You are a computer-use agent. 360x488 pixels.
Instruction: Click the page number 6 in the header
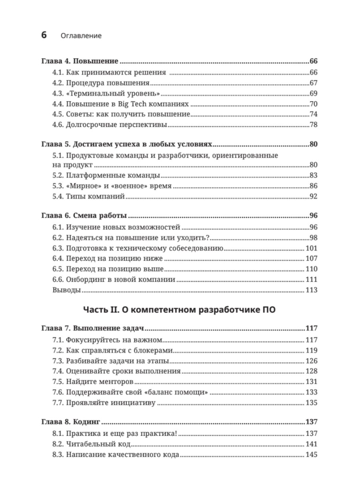tap(44, 35)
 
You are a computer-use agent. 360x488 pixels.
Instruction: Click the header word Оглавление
tap(81, 36)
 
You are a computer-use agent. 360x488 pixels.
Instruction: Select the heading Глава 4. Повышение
tap(80, 61)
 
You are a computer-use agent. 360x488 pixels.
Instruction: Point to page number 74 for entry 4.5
tap(313, 114)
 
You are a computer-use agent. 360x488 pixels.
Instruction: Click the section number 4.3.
tap(58, 93)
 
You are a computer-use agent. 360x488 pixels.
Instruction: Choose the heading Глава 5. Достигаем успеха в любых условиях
tap(126, 144)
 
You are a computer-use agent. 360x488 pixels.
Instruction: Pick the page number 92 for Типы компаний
tap(313, 197)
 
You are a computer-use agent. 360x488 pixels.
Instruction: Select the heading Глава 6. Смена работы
tap(84, 216)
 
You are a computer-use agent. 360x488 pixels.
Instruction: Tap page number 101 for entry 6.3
tap(311, 248)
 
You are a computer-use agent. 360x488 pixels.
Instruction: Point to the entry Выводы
tap(66, 290)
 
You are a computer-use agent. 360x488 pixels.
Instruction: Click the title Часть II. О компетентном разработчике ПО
tap(179, 310)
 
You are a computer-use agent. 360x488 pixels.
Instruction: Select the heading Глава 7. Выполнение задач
tap(92, 328)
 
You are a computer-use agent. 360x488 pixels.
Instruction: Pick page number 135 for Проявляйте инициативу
tap(311, 403)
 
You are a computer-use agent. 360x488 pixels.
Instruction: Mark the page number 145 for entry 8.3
tap(311, 455)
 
